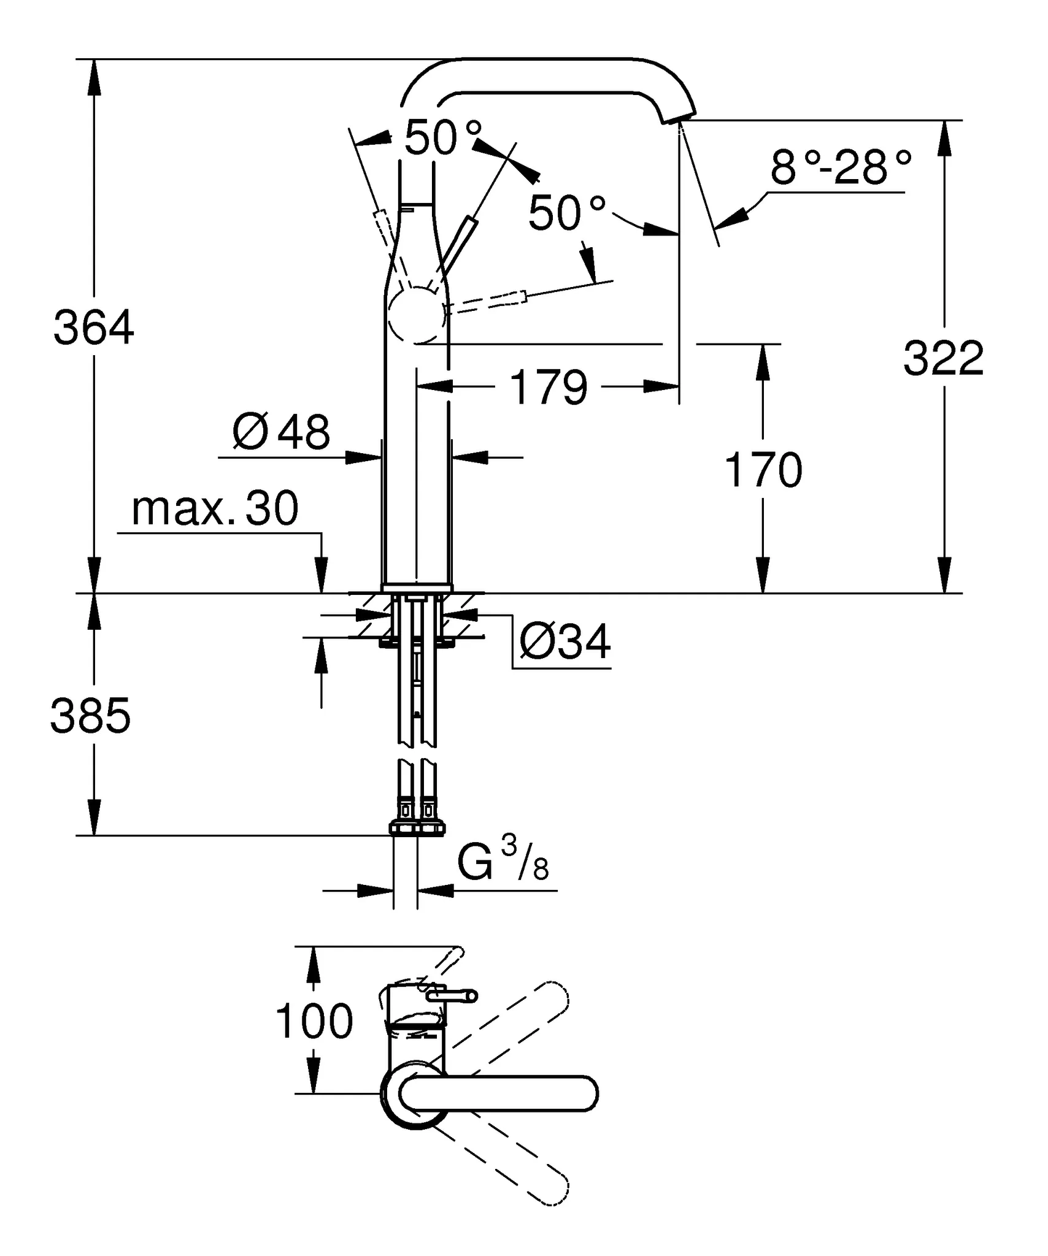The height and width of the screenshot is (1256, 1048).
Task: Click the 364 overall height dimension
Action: pyautogui.click(x=93, y=327)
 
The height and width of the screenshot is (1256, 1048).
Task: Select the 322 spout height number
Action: pyautogui.click(x=943, y=358)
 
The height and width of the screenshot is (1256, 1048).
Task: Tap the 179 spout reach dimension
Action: pyautogui.click(x=548, y=387)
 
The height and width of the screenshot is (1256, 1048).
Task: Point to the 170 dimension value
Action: pyautogui.click(x=763, y=470)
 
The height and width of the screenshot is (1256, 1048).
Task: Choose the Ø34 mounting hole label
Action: pyautogui.click(x=564, y=641)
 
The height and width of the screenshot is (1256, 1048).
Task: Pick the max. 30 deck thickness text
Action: pyautogui.click(x=215, y=508)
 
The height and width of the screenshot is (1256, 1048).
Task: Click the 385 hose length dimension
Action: pyautogui.click(x=90, y=716)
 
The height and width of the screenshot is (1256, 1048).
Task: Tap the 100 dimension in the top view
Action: pyautogui.click(x=314, y=1021)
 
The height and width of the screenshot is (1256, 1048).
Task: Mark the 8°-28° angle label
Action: pyautogui.click(x=840, y=167)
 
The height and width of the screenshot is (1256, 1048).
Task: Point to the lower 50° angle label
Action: pyautogui.click(x=566, y=213)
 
